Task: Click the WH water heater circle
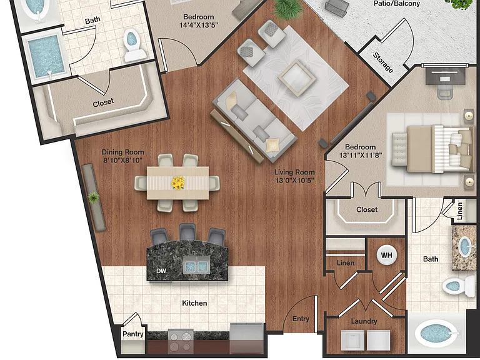387,255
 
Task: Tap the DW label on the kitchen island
161,271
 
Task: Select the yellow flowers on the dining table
178,182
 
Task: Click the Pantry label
133,334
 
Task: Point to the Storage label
383,62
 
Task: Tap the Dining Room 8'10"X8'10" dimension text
122,160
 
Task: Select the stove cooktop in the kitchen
181,342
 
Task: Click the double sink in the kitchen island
196,266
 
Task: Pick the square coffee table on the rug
297,77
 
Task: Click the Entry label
301,319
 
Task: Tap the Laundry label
364,321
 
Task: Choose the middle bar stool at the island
187,232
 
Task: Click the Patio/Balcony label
397,4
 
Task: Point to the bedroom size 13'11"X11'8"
361,155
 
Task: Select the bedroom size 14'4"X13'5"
198,25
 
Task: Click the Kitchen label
194,303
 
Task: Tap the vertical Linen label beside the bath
460,211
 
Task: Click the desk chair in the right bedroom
445,91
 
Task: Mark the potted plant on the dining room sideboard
93,197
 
